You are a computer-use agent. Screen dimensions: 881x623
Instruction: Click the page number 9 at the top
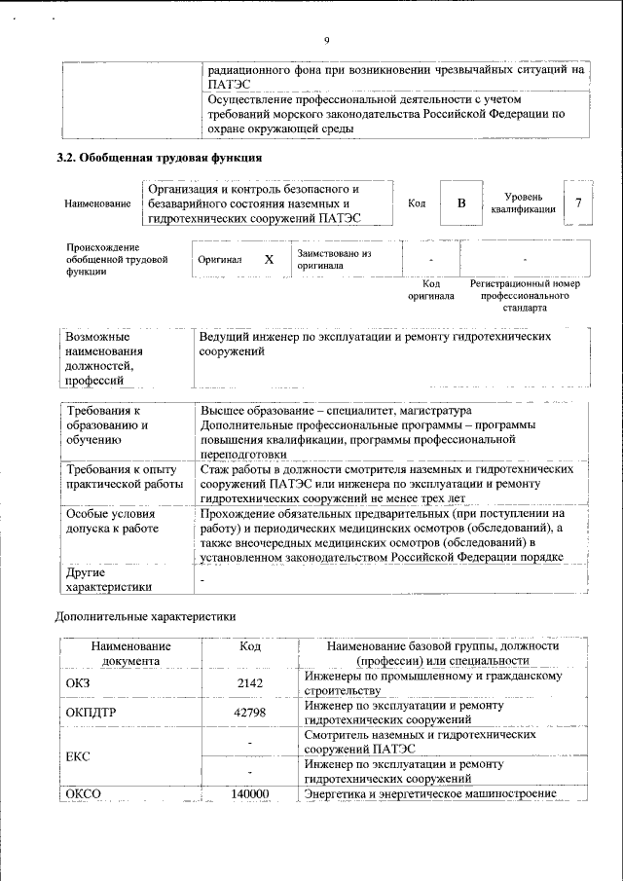[327, 40]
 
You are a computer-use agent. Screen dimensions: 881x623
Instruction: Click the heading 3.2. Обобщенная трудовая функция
[159, 157]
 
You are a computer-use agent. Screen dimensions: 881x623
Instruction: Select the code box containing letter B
[461, 202]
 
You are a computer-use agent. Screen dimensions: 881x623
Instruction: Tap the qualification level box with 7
[578, 202]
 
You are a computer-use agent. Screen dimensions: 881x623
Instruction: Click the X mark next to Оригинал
[269, 261]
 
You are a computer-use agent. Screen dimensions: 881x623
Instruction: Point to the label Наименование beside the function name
[98, 203]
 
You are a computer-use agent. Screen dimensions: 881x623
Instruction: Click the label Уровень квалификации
[524, 202]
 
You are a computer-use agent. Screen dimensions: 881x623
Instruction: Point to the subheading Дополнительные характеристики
[144, 615]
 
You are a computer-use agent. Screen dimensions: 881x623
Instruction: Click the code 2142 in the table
[250, 683]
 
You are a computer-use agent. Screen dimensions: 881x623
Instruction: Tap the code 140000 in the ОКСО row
[250, 794]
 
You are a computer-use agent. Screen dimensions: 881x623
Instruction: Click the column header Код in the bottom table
[250, 645]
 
